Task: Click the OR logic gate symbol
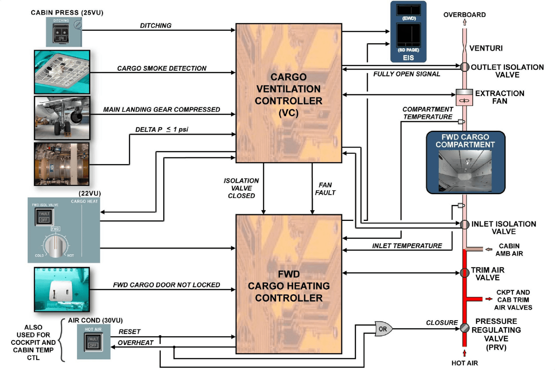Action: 383,329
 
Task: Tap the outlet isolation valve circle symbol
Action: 464,67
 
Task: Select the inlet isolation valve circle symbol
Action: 464,224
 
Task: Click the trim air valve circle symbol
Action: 464,273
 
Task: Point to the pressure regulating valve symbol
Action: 464,328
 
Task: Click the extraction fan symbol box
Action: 464,97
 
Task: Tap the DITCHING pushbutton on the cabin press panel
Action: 61,34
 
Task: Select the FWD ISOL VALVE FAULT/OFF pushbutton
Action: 44,217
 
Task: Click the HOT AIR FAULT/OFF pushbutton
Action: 93,342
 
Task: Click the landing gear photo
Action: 62,118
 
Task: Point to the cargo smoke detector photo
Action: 62,72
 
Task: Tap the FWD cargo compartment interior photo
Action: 465,170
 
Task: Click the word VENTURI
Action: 486,48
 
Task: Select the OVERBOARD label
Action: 464,15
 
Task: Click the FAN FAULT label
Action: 325,189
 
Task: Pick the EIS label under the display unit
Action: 408,58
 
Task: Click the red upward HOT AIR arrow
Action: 464,353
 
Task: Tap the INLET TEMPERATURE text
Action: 407,246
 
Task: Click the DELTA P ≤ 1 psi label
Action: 161,129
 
